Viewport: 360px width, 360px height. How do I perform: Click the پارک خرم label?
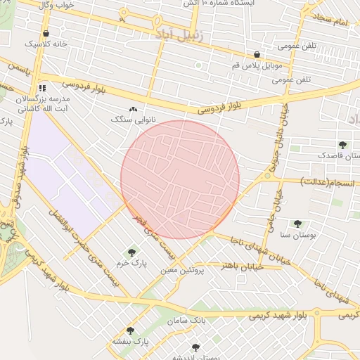[x=131, y=262]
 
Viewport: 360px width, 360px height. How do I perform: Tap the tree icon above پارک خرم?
[x=131, y=252]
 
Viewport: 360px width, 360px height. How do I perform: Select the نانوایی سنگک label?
[x=127, y=119]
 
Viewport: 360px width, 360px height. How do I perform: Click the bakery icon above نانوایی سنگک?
[x=134, y=109]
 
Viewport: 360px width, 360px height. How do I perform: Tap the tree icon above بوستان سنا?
[x=297, y=224]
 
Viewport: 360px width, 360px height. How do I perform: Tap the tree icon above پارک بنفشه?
[x=130, y=330]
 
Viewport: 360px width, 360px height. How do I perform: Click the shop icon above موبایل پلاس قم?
[x=257, y=55]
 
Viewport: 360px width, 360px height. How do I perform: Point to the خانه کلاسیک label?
[x=46, y=44]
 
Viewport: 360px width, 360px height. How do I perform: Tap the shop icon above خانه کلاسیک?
[x=46, y=33]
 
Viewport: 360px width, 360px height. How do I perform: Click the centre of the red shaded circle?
[x=180, y=179]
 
